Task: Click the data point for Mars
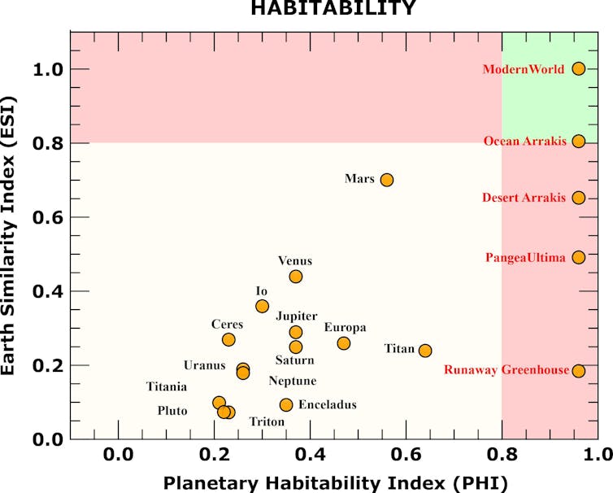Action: click(x=387, y=180)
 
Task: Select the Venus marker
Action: click(x=296, y=277)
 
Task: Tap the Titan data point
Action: click(x=425, y=351)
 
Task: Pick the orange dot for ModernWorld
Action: click(x=578, y=69)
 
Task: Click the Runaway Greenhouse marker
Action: click(x=578, y=371)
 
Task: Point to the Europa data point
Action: click(x=344, y=343)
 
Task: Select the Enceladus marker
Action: click(x=286, y=404)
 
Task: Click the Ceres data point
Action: click(x=228, y=339)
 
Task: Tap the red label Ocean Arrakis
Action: click(x=524, y=142)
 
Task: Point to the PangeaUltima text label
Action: click(x=525, y=258)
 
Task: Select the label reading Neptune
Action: click(x=293, y=381)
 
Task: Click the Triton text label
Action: click(x=267, y=421)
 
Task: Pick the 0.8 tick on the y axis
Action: click(x=47, y=143)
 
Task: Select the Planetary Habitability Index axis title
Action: click(x=335, y=482)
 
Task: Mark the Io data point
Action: click(x=262, y=306)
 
